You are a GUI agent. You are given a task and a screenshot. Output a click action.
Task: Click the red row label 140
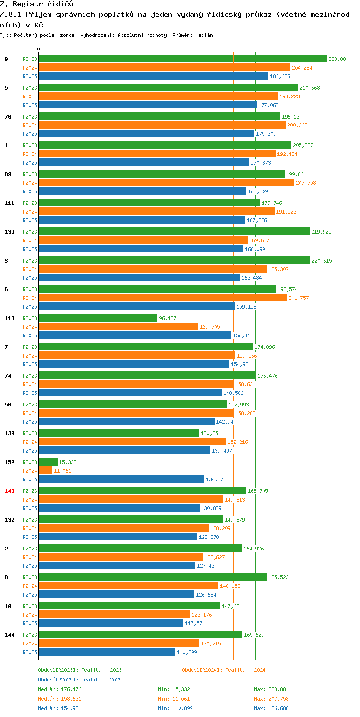click(10, 491)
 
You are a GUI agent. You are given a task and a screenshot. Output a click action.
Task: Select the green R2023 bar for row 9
click(183, 59)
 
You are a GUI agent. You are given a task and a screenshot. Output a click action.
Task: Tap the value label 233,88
click(337, 59)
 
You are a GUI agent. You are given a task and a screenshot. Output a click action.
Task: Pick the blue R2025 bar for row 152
click(121, 479)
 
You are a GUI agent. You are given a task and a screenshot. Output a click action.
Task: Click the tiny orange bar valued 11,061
click(46, 471)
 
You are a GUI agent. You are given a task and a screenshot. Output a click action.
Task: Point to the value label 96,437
click(168, 318)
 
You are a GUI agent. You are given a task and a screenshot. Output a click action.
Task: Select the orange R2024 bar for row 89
click(166, 183)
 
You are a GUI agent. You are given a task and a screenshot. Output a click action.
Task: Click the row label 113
click(10, 318)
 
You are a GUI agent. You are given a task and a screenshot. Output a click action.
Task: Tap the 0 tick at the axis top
click(39, 50)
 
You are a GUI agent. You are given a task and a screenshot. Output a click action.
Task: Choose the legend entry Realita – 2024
click(224, 670)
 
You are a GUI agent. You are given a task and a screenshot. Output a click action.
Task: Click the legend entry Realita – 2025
click(80, 680)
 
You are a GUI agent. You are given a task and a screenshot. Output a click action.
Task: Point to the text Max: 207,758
click(271, 699)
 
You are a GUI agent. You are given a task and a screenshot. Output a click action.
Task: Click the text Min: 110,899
click(175, 708)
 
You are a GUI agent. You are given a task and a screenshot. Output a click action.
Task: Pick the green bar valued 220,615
click(174, 261)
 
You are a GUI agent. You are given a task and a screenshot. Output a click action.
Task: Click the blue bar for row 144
click(107, 652)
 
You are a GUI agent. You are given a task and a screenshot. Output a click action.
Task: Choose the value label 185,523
click(278, 577)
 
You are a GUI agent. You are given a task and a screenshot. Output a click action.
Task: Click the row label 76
click(8, 117)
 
